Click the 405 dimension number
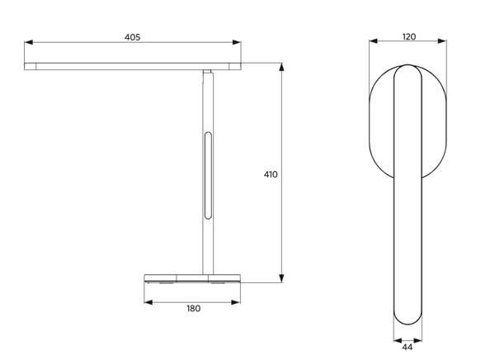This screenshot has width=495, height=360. (x=132, y=37)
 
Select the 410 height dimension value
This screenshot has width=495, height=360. (x=271, y=174)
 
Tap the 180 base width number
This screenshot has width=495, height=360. (x=193, y=309)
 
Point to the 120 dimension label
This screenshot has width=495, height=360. (x=409, y=37)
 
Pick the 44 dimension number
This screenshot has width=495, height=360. (x=408, y=348)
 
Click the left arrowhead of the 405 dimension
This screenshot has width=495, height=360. (x=28, y=42)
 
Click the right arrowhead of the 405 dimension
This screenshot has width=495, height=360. (x=237, y=42)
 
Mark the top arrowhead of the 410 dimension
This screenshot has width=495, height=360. (x=282, y=67)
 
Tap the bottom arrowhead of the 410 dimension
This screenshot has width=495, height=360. (x=282, y=278)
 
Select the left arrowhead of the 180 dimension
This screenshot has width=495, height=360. (x=148, y=302)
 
